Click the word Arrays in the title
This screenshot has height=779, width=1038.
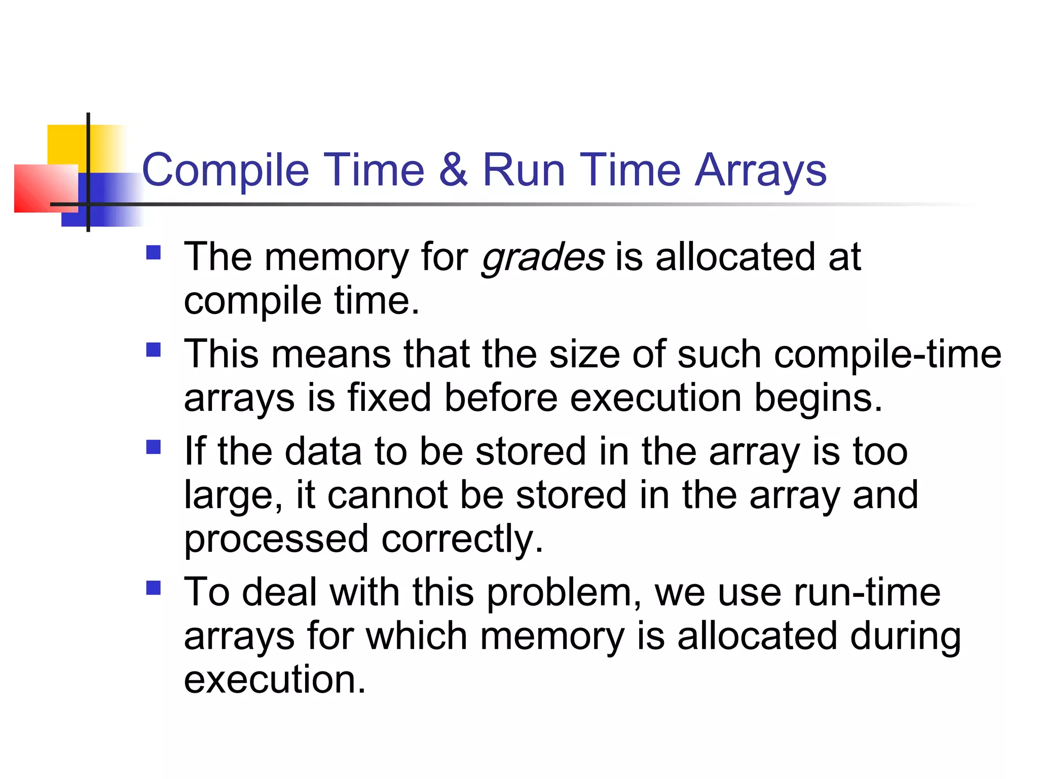pos(760,170)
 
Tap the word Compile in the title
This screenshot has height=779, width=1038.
pos(225,170)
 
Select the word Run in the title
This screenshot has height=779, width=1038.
pos(524,170)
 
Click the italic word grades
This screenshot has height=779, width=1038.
pos(542,258)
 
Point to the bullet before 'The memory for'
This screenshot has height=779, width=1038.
pos(153,253)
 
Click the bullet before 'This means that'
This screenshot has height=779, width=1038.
pos(153,350)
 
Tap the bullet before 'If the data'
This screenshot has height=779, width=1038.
pos(153,447)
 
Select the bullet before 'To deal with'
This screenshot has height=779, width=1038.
pos(153,588)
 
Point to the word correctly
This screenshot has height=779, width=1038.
pos(462,539)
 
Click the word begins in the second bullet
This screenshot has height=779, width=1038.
pos(818,398)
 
